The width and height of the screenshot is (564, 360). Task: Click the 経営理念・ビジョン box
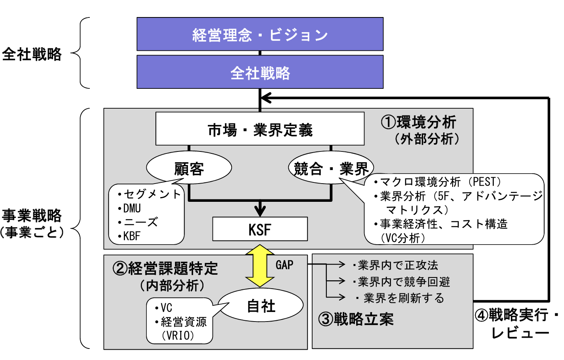pyautogui.click(x=260, y=34)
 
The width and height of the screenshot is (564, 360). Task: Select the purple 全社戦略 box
pyautogui.click(x=260, y=72)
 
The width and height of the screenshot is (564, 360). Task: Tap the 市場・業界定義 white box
pyautogui.click(x=260, y=129)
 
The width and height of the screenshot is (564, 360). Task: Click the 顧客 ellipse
pyautogui.click(x=189, y=169)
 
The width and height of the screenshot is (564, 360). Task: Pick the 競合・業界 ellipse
pyautogui.click(x=330, y=169)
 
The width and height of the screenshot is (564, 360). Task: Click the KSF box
pyautogui.click(x=260, y=229)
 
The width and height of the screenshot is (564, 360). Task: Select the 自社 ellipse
pyautogui.click(x=261, y=306)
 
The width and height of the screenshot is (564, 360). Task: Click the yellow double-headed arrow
pyautogui.click(x=259, y=266)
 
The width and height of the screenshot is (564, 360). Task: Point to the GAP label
pyautogui.click(x=284, y=265)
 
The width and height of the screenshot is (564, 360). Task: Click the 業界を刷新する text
pyautogui.click(x=403, y=298)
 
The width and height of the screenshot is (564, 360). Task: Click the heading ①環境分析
pyautogui.click(x=419, y=122)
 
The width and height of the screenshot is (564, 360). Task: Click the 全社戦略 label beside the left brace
pyautogui.click(x=32, y=54)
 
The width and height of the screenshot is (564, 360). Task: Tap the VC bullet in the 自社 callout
pyautogui.click(x=166, y=308)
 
